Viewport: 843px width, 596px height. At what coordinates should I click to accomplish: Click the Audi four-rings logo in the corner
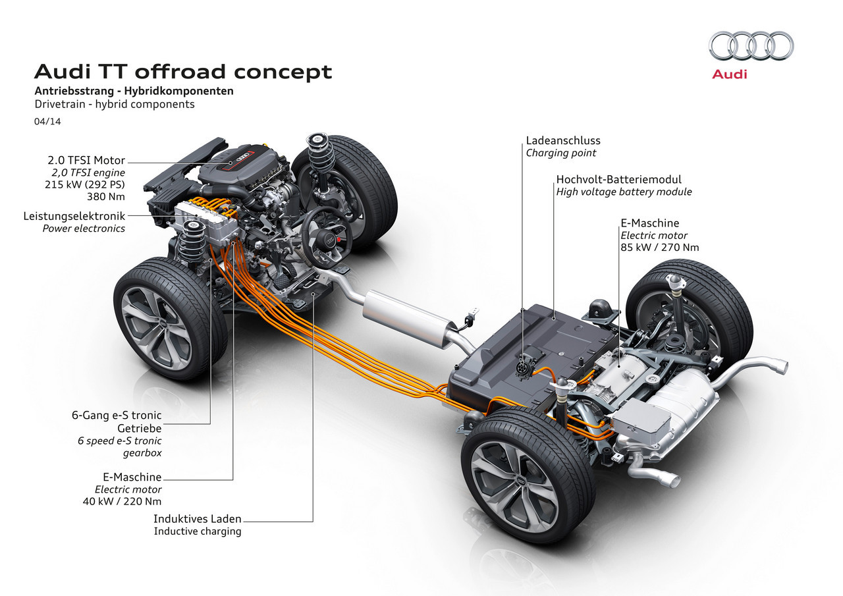[751, 47]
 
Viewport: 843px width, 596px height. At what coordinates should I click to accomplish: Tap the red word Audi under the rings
[730, 74]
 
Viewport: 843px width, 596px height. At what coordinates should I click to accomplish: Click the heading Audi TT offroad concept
[183, 71]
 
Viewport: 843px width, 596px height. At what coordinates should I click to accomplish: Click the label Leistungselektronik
[74, 216]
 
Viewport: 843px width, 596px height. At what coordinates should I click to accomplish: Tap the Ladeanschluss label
[563, 140]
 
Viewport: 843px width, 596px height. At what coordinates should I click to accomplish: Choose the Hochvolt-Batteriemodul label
[618, 179]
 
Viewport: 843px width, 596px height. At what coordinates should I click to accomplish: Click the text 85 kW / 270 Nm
[659, 248]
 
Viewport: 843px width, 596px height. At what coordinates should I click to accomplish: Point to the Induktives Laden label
[197, 519]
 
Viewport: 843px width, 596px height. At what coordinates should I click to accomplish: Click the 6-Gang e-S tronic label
[117, 416]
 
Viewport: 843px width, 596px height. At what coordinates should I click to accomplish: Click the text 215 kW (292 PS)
[86, 184]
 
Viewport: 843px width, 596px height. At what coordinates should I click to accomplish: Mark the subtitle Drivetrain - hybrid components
[115, 104]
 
